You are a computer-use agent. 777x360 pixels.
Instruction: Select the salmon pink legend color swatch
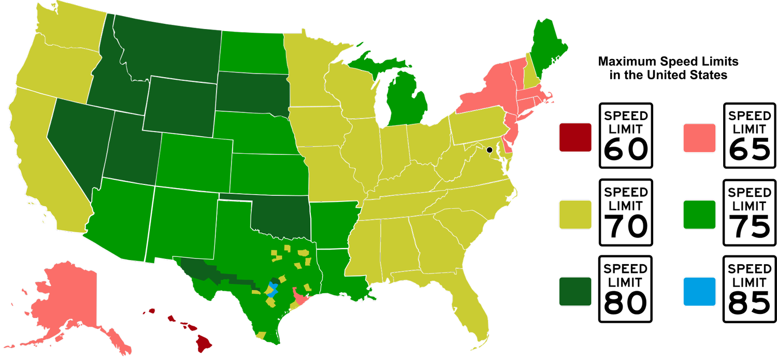pos(699,138)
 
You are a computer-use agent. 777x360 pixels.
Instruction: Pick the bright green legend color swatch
pos(699,214)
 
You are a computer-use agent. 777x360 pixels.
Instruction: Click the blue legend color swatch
pos(699,291)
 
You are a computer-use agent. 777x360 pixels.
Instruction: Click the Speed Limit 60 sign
pos(625,136)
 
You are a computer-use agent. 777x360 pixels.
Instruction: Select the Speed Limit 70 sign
pos(625,212)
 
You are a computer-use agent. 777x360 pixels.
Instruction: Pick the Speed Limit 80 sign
pos(625,289)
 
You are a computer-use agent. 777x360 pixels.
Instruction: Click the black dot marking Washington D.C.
pos(489,150)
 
